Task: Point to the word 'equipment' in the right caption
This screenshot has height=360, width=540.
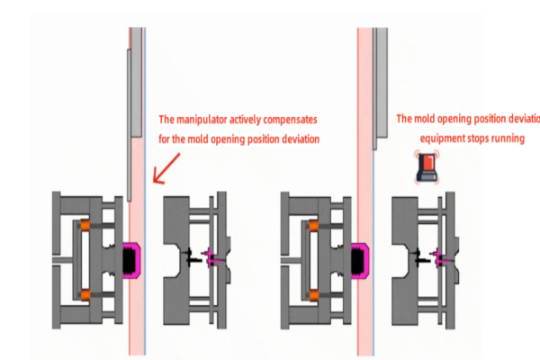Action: pyautogui.click(x=445, y=139)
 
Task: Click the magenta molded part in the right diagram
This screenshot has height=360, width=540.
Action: pyautogui.click(x=363, y=261)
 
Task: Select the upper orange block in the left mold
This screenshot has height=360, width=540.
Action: pyautogui.click(x=85, y=225)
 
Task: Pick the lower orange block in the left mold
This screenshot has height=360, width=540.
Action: pyautogui.click(x=85, y=294)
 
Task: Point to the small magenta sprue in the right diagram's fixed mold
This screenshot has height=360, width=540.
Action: pyautogui.click(x=442, y=259)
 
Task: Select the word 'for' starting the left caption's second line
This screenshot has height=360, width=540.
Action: pyautogui.click(x=165, y=139)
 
